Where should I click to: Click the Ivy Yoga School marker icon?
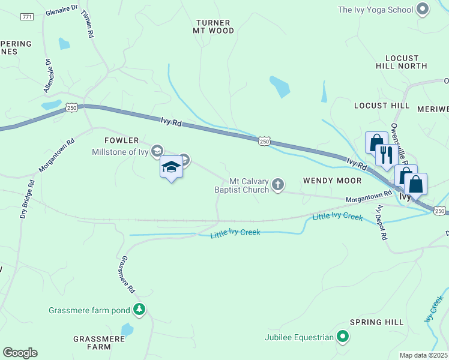(423, 9)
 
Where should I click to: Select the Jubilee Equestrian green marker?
(343, 337)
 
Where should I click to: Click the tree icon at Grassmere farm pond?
(139, 310)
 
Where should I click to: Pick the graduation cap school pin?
(171, 167)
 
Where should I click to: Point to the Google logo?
(20, 353)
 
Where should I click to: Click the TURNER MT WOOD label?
(213, 26)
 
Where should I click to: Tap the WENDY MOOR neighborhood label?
(332, 180)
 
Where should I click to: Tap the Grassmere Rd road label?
(127, 275)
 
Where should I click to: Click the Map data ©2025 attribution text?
(424, 355)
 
